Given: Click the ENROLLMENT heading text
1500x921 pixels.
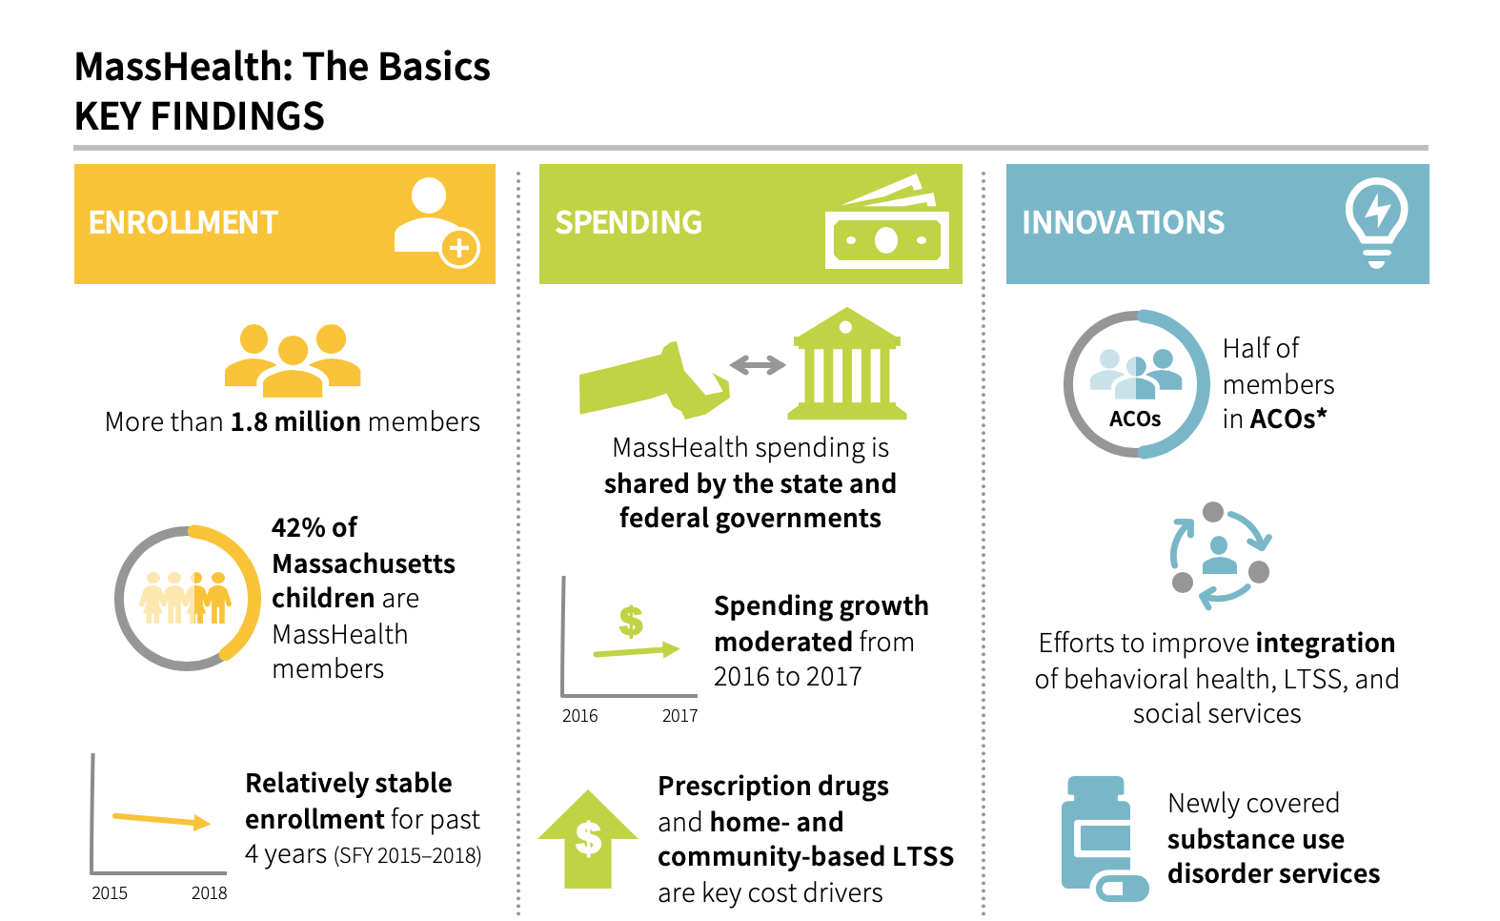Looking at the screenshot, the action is pos(183,223).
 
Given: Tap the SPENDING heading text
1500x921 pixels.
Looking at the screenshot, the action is pos(628,223).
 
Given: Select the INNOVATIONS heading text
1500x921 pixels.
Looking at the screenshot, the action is pos(1123,223).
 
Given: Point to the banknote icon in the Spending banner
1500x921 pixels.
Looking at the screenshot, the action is pos(887,222).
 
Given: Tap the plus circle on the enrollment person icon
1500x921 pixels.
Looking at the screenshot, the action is pos(459,249).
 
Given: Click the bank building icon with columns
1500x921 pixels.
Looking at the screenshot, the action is pos(846,363).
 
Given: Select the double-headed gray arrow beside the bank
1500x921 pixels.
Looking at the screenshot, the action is pos(758,365).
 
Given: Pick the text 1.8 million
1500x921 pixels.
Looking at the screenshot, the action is pos(295,422).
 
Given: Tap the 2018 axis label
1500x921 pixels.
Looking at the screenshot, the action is pos(209,893).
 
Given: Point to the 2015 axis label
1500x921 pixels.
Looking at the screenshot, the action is pos(110,893).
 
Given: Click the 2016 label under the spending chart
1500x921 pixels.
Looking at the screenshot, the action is pos(580,716).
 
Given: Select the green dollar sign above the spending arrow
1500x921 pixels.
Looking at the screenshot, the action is pos(631,621).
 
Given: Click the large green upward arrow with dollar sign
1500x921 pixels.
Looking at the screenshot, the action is pos(588,839).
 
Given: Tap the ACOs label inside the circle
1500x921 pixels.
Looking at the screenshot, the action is pos(1135,420).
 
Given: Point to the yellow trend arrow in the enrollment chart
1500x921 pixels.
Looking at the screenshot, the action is pos(161,820).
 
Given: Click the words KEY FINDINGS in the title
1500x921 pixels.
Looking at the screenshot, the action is pos(199,116).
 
